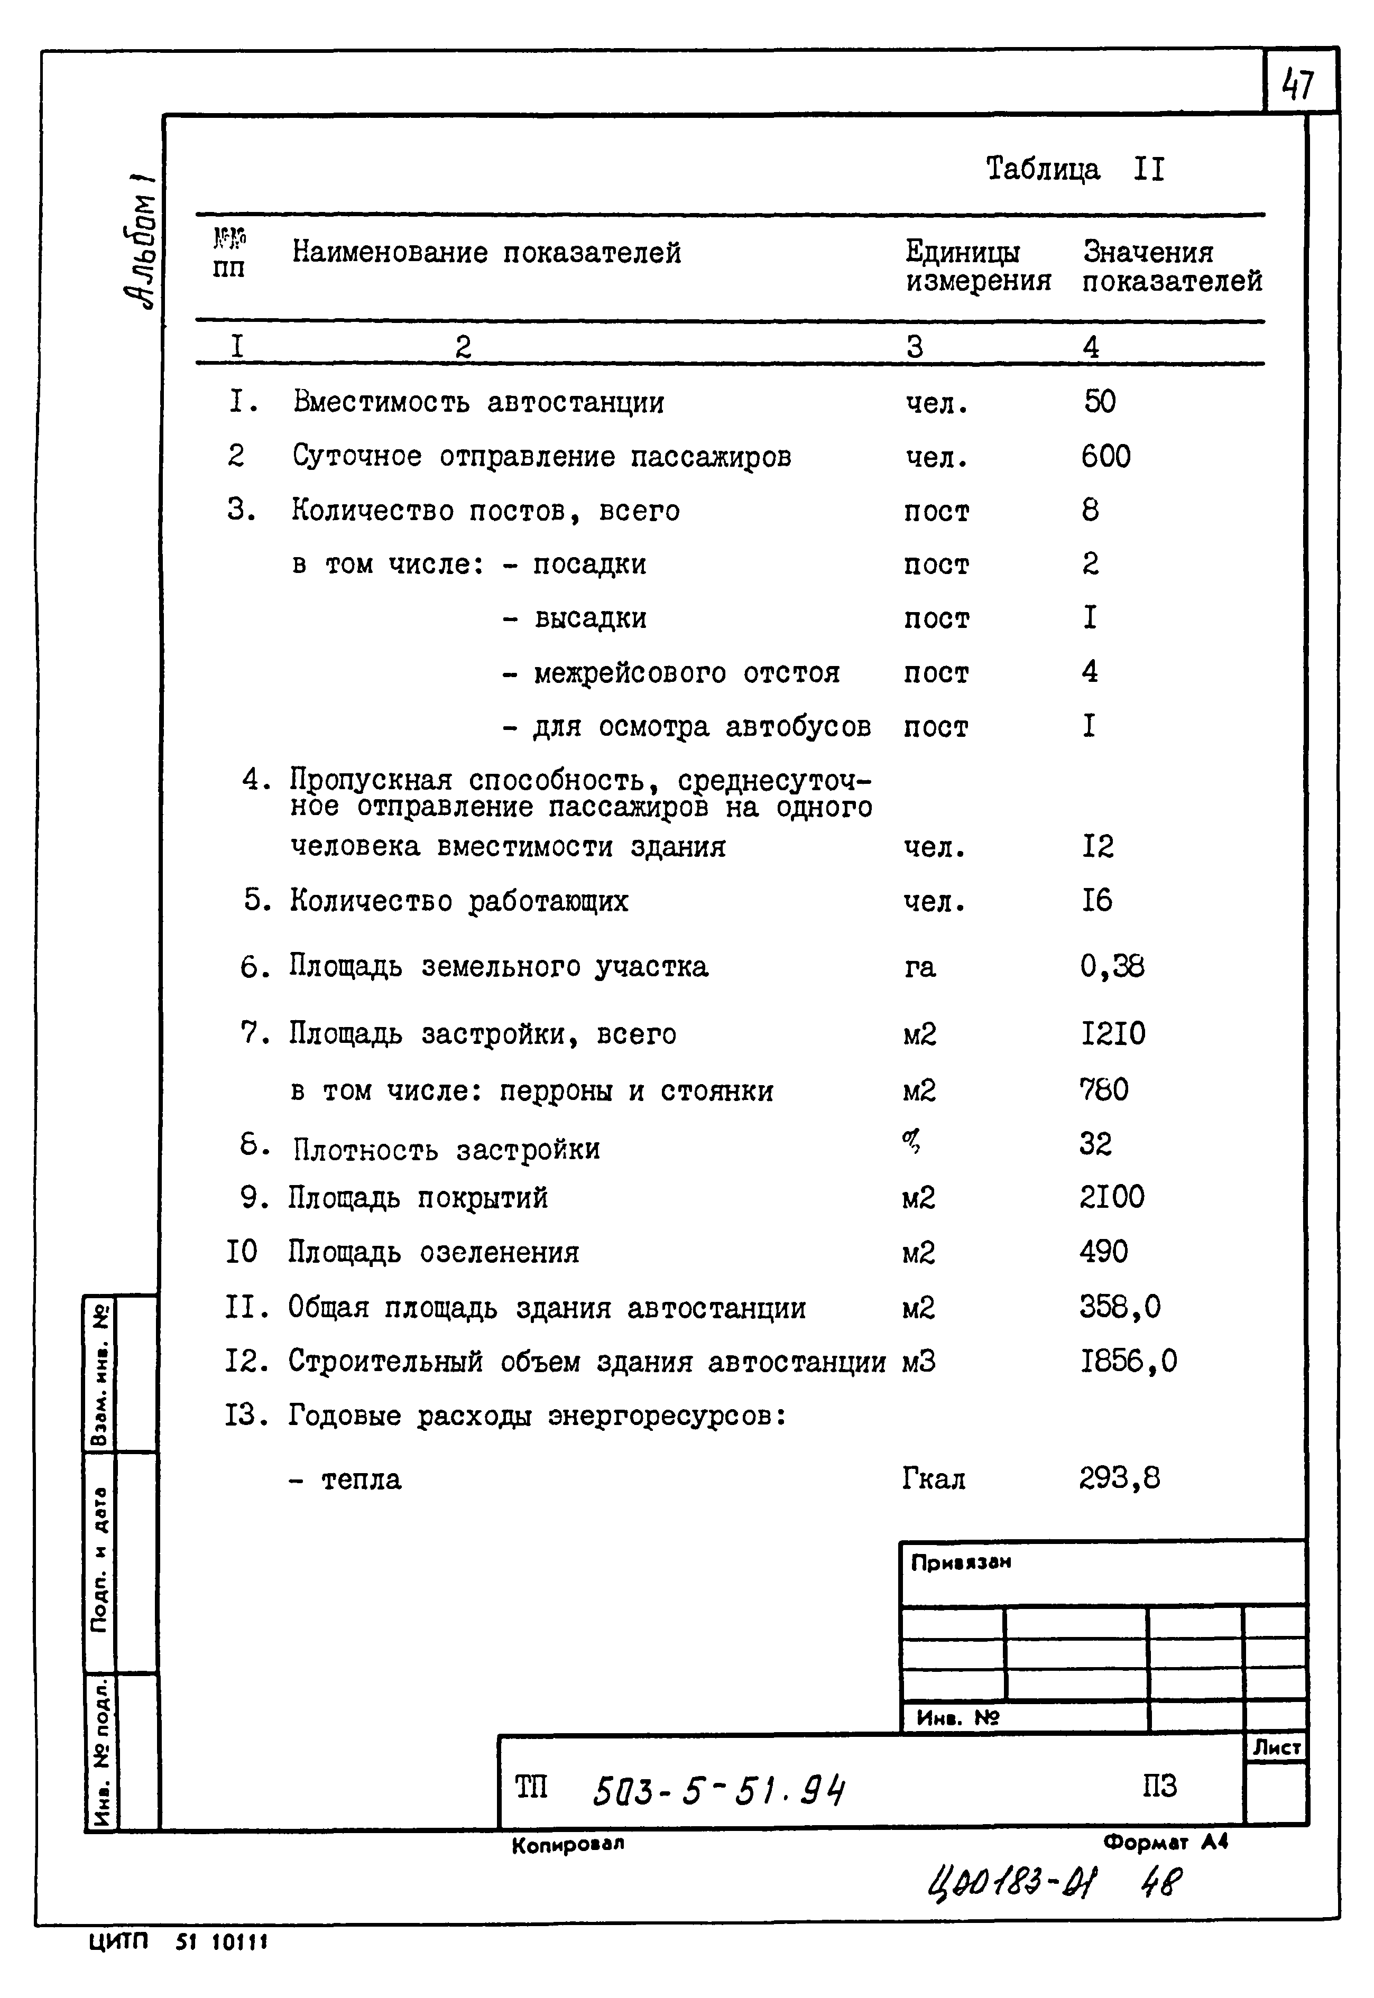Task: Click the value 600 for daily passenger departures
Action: coord(1105,456)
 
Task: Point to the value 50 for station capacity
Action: coord(1100,401)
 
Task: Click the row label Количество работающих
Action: coord(459,901)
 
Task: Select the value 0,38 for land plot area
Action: coord(1111,967)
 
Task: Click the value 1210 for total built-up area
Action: coord(1112,1033)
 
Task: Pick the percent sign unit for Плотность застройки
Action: coord(911,1142)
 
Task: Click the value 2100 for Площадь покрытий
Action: coord(1111,1197)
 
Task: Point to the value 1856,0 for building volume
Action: coord(1128,1361)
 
